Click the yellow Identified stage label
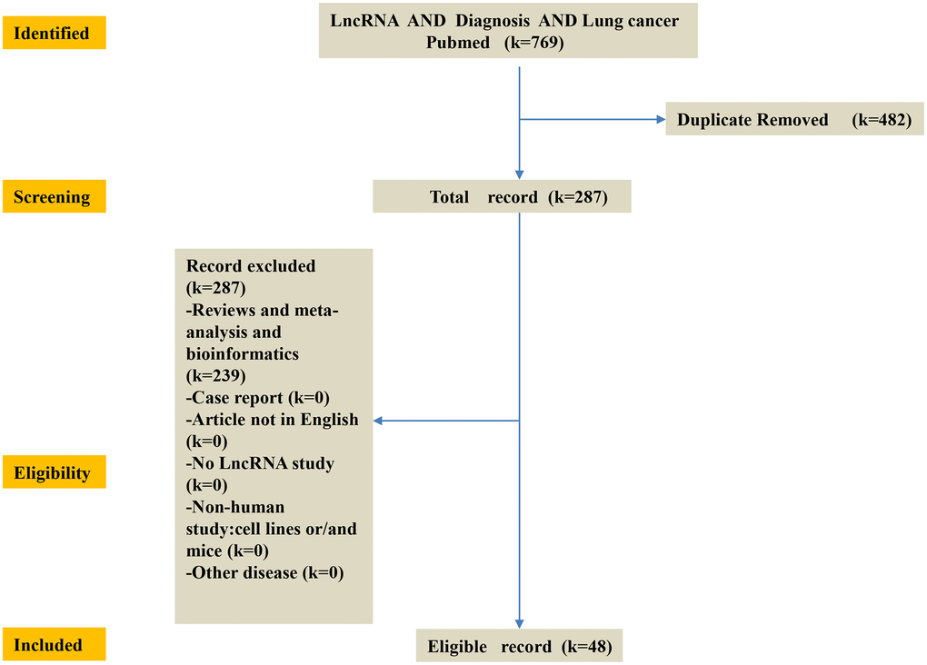(52, 34)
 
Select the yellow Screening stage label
(52, 197)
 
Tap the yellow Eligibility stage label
(52, 473)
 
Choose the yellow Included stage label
(52, 645)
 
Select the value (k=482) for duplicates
(882, 120)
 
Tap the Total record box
(502, 197)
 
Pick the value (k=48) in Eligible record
(587, 647)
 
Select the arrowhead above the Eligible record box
(519, 622)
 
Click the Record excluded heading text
(251, 266)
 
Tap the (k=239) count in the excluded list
(214, 375)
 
